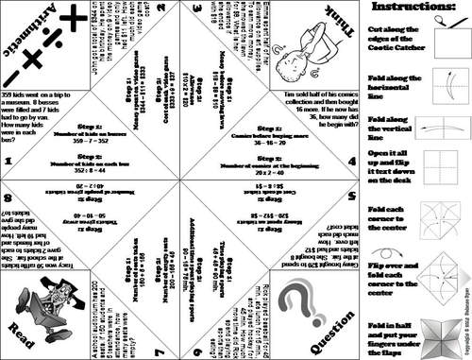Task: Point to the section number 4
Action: (352, 162)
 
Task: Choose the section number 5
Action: (352, 199)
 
